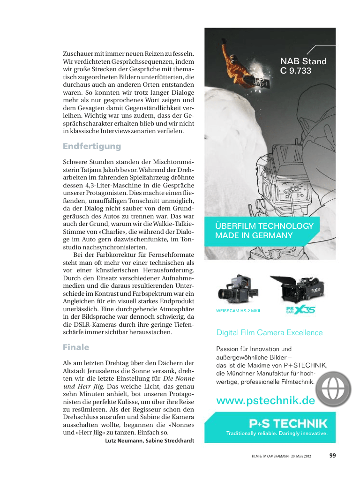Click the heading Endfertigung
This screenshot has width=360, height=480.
point(92,146)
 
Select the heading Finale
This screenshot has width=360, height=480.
point(76,347)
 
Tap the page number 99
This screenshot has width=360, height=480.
point(333,455)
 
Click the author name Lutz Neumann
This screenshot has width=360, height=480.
point(124,441)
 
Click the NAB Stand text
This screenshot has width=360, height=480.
point(303,61)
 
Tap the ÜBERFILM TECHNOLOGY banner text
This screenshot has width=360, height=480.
point(264,226)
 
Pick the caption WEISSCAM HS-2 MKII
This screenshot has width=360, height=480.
point(238,311)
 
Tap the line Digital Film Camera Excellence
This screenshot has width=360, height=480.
point(270,332)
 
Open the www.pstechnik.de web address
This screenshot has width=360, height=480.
point(265,401)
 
